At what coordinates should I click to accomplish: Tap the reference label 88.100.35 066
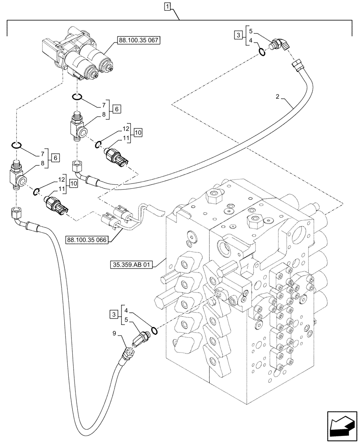87,240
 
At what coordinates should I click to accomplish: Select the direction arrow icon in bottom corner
342,427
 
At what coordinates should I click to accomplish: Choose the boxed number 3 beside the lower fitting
114,315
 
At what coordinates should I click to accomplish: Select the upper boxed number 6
117,109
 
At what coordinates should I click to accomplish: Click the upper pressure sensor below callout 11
118,157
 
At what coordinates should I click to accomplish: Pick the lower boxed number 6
55,157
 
